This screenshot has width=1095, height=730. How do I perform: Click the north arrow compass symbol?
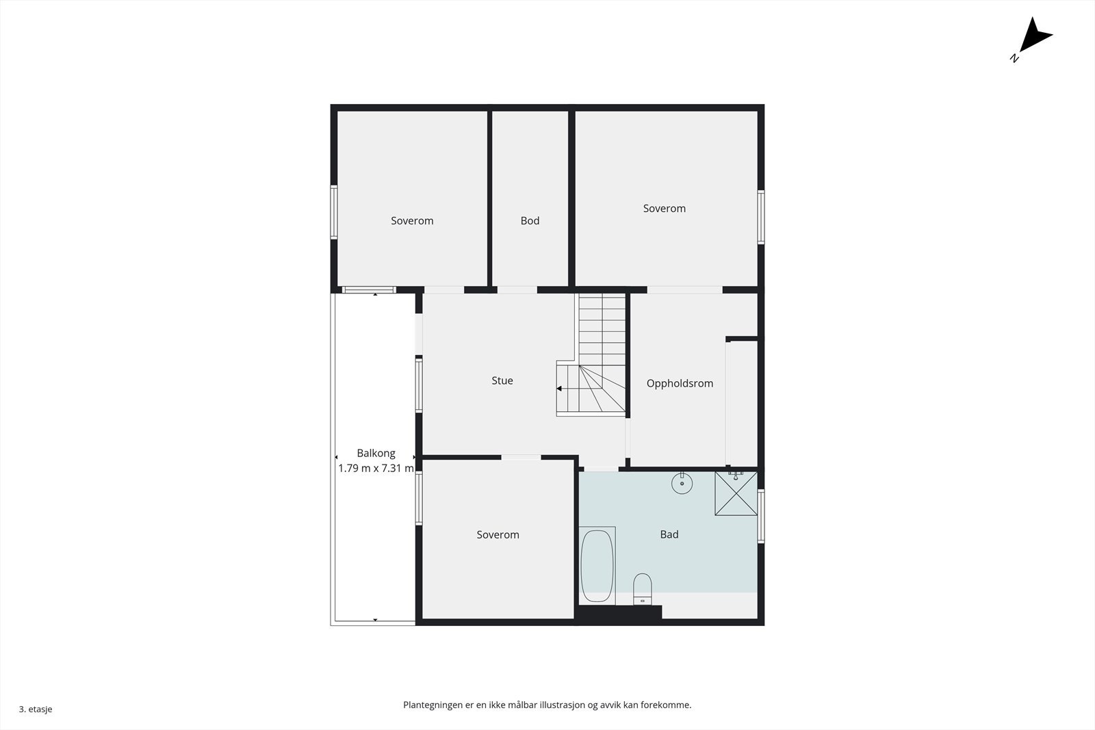(x=1033, y=38)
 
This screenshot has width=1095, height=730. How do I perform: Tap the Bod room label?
(x=530, y=221)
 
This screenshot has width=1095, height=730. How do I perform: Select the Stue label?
(x=502, y=381)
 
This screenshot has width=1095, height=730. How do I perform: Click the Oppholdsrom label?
(x=680, y=384)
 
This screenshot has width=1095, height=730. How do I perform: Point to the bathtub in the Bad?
(x=597, y=566)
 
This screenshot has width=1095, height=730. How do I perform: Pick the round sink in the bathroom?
(x=682, y=484)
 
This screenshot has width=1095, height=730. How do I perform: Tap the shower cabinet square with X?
(x=736, y=493)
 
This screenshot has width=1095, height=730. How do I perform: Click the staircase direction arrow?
(x=559, y=389)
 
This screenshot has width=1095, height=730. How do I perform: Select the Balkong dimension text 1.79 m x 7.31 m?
(x=376, y=469)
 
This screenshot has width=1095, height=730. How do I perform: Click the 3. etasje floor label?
(x=36, y=709)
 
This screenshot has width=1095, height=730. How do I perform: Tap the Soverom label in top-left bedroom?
(x=412, y=221)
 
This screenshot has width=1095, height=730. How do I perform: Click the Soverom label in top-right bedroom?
(x=664, y=209)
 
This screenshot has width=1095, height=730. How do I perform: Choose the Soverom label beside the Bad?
(x=498, y=535)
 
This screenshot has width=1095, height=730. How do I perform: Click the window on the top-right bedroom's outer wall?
(x=761, y=217)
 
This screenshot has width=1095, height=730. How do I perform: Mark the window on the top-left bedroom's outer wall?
(x=334, y=212)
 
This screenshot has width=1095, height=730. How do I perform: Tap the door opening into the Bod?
(x=517, y=290)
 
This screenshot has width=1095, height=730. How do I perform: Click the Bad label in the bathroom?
(x=669, y=535)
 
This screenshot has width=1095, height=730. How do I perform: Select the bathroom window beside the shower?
(x=761, y=516)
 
